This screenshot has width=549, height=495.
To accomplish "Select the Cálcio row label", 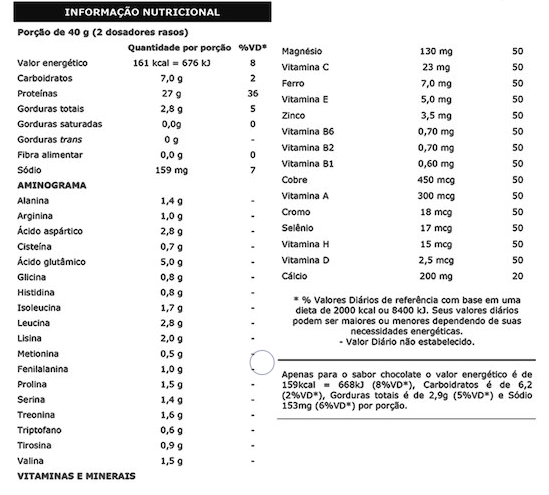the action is pyautogui.click(x=297, y=276).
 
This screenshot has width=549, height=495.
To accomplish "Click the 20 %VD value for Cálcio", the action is pyautogui.click(x=516, y=276).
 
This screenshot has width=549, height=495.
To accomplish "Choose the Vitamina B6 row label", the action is pyautogui.click(x=310, y=131).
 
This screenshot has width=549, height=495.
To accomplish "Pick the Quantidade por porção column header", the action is pyautogui.click(x=173, y=47).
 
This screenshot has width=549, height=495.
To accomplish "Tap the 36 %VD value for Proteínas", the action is pyautogui.click(x=253, y=93).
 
